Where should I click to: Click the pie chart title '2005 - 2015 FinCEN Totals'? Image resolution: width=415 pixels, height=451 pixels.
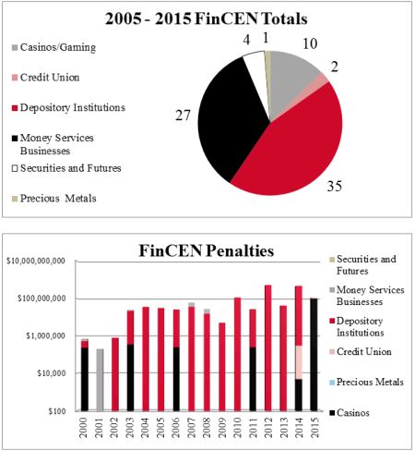[207, 18]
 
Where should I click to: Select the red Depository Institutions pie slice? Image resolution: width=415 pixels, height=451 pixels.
[295, 145]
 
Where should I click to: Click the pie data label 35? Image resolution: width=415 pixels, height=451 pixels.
[334, 186]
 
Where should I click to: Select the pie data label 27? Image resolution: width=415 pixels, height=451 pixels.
[184, 116]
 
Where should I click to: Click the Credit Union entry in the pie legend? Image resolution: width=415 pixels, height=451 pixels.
[46, 78]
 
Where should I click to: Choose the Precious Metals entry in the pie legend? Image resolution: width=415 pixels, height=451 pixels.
[54, 199]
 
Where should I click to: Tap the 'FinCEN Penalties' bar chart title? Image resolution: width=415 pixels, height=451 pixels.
[207, 250]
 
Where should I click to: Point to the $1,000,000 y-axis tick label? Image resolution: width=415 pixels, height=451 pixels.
[46, 335]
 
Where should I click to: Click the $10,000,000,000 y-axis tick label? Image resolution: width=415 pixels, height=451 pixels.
[36, 262]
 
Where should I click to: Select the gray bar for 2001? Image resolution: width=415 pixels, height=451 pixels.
[100, 380]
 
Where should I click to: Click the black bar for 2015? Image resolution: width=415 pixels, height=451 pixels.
[314, 355]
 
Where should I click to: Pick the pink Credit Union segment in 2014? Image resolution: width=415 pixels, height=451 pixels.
[299, 362]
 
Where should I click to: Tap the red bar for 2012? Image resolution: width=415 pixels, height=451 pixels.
[268, 348]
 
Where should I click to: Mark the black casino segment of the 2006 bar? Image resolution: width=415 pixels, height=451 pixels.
[176, 379]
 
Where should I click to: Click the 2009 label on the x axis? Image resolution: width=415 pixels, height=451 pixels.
[222, 428]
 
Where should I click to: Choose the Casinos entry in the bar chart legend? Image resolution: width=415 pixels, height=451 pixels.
[350, 413]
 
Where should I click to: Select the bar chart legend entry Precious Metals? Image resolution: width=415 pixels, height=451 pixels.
[366, 383]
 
